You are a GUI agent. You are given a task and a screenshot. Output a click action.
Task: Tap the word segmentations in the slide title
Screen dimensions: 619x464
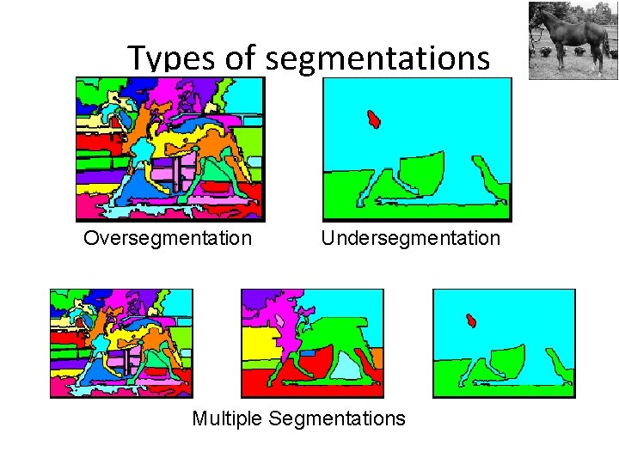[378, 58]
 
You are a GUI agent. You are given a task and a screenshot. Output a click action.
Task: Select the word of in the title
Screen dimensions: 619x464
[242, 58]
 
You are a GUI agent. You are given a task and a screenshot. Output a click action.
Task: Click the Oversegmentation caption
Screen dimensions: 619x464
[168, 238]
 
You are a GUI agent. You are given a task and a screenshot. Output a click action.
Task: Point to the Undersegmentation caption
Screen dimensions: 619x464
[410, 238]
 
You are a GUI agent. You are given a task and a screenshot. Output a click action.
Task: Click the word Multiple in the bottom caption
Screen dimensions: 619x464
[227, 418]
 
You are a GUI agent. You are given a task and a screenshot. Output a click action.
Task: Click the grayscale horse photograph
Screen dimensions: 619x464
[572, 40]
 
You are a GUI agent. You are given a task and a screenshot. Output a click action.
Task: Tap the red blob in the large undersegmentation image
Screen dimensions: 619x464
[373, 119]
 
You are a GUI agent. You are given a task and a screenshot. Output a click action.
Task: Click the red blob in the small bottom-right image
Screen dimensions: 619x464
[471, 321]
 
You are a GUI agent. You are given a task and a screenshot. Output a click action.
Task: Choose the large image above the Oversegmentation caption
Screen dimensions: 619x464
[169, 149]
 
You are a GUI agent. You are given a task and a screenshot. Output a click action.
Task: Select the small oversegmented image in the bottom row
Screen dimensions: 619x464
[121, 343]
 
